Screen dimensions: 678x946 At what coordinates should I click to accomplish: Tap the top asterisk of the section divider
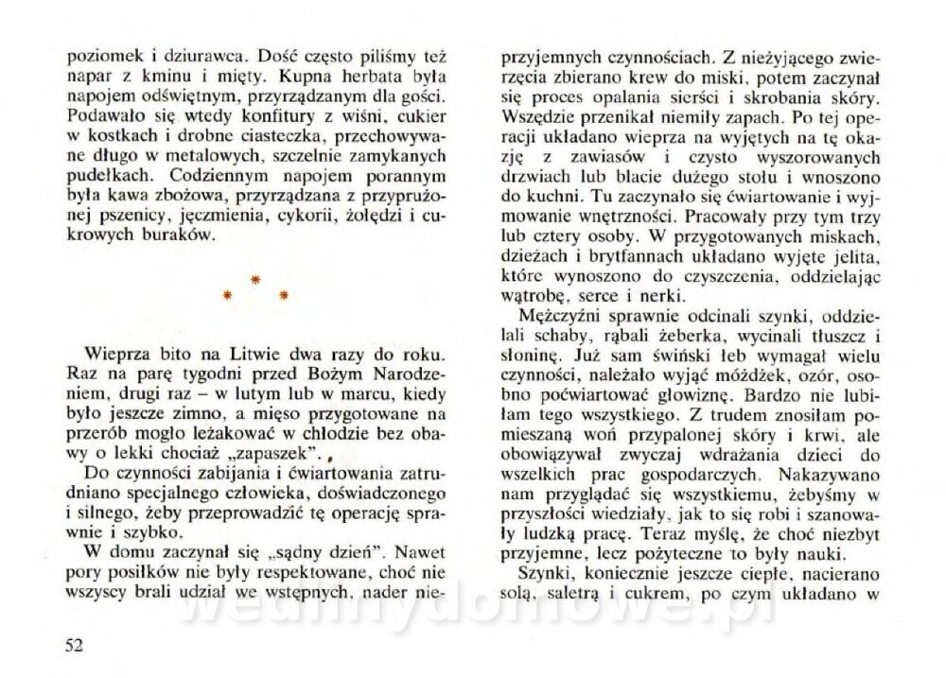pos(254,281)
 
